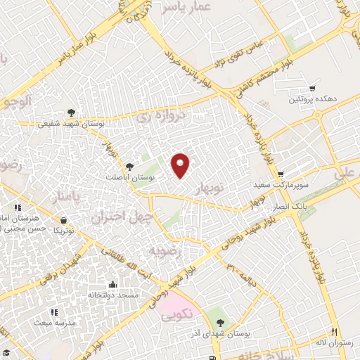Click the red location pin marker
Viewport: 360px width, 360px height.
[x=181, y=165]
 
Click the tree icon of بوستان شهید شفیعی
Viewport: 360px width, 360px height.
[x=71, y=112]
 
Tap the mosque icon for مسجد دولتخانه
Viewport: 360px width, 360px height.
[x=90, y=290]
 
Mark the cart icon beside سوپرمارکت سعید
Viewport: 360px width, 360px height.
[x=281, y=174]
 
